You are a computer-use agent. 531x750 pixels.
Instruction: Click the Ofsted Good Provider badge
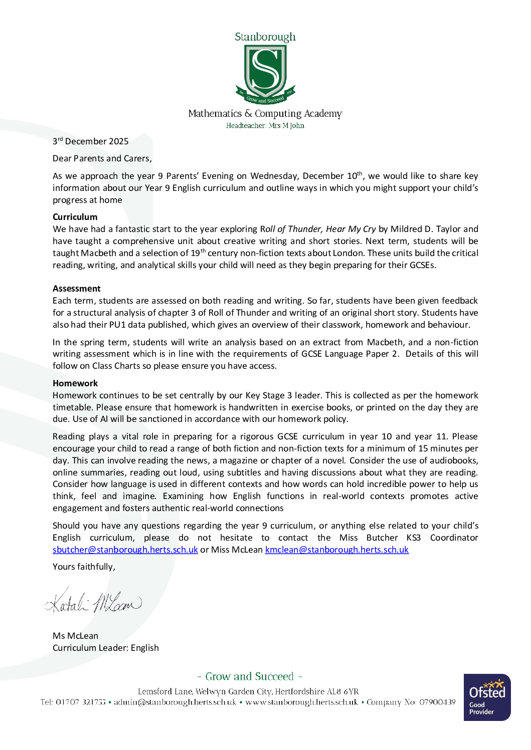click(x=487, y=697)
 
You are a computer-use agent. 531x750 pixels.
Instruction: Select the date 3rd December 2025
click(x=91, y=141)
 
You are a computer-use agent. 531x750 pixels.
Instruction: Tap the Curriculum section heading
click(x=75, y=217)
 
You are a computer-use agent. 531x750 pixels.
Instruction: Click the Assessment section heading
click(x=77, y=289)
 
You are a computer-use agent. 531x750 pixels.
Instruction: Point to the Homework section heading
click(x=75, y=383)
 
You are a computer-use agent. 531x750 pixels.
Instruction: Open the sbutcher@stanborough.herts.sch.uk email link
click(x=125, y=550)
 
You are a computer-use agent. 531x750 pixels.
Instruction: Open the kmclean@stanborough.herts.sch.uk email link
click(x=336, y=550)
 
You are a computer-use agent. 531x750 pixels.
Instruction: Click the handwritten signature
click(x=94, y=603)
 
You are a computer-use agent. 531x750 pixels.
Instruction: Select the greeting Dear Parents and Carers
click(x=102, y=158)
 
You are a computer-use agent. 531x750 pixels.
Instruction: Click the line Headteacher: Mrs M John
click(x=265, y=126)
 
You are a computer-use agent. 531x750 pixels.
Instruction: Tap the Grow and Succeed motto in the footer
click(x=250, y=676)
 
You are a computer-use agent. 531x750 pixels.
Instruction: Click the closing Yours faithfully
click(x=84, y=567)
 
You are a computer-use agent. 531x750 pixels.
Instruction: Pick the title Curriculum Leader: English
click(x=106, y=648)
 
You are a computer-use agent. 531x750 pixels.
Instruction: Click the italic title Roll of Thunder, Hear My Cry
click(x=318, y=229)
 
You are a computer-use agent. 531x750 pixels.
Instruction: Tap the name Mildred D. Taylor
click(x=425, y=229)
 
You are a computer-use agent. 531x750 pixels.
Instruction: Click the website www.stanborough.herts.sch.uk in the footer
click(x=301, y=702)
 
